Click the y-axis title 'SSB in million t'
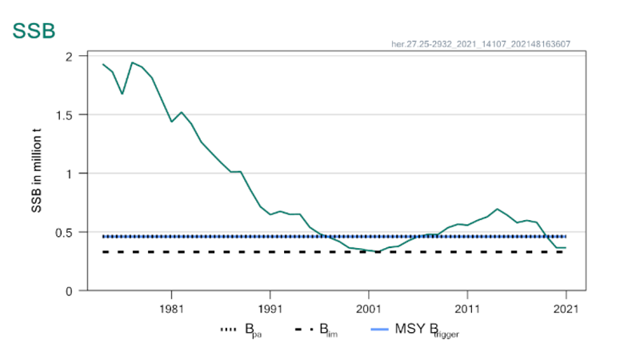36,173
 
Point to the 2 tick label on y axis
70,56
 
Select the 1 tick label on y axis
70,174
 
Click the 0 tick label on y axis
70,290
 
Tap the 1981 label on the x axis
171,307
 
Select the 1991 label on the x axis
270,307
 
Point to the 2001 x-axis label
369,307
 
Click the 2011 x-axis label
467,307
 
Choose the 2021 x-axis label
566,307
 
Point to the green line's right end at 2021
566,247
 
